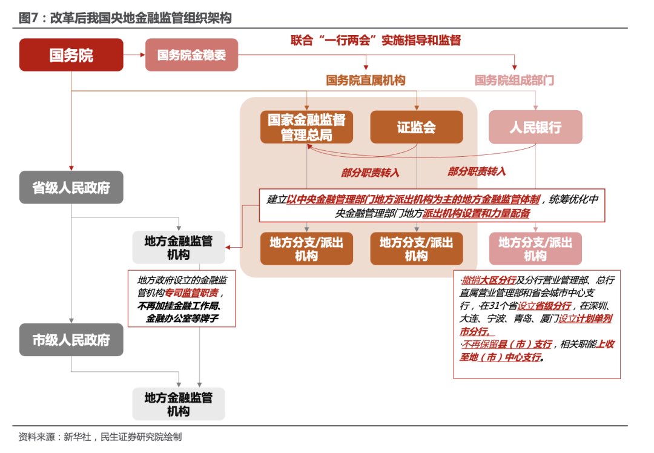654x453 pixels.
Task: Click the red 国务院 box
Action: click(71, 55)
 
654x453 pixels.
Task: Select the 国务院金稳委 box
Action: click(191, 55)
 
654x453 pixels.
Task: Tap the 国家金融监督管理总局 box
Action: click(306, 127)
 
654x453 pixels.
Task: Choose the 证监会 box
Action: click(417, 127)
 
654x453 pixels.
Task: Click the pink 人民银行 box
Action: click(535, 127)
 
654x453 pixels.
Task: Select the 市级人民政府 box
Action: click(71, 339)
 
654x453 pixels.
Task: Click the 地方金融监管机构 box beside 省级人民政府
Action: click(179, 247)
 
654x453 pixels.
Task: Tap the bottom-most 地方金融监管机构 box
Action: click(179, 404)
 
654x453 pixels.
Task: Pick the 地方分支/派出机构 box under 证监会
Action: click(417, 249)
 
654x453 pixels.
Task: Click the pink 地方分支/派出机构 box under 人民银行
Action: click(535, 249)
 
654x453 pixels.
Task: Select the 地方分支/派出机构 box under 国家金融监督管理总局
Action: click(306, 249)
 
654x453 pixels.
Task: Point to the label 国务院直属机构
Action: click(366, 80)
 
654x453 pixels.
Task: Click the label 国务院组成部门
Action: click(515, 80)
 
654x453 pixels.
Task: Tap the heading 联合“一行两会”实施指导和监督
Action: click(375, 41)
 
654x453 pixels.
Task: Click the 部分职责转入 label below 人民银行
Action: click(477, 171)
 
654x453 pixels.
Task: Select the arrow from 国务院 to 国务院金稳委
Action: click(134, 55)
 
